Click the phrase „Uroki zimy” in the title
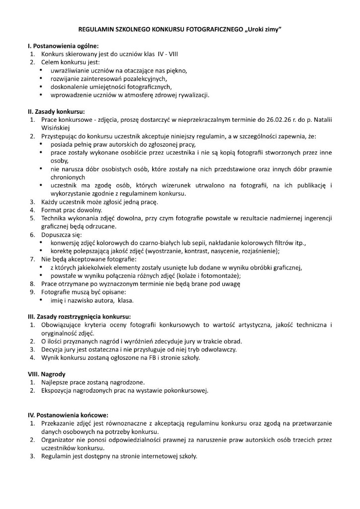[x=263, y=30]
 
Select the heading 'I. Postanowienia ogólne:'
[x=63, y=46]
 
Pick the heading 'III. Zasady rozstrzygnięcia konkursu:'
[x=80, y=316]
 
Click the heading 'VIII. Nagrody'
[x=48, y=374]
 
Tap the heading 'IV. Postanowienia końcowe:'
[x=68, y=415]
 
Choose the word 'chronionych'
[x=68, y=177]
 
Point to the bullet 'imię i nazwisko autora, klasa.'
[x=92, y=300]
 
